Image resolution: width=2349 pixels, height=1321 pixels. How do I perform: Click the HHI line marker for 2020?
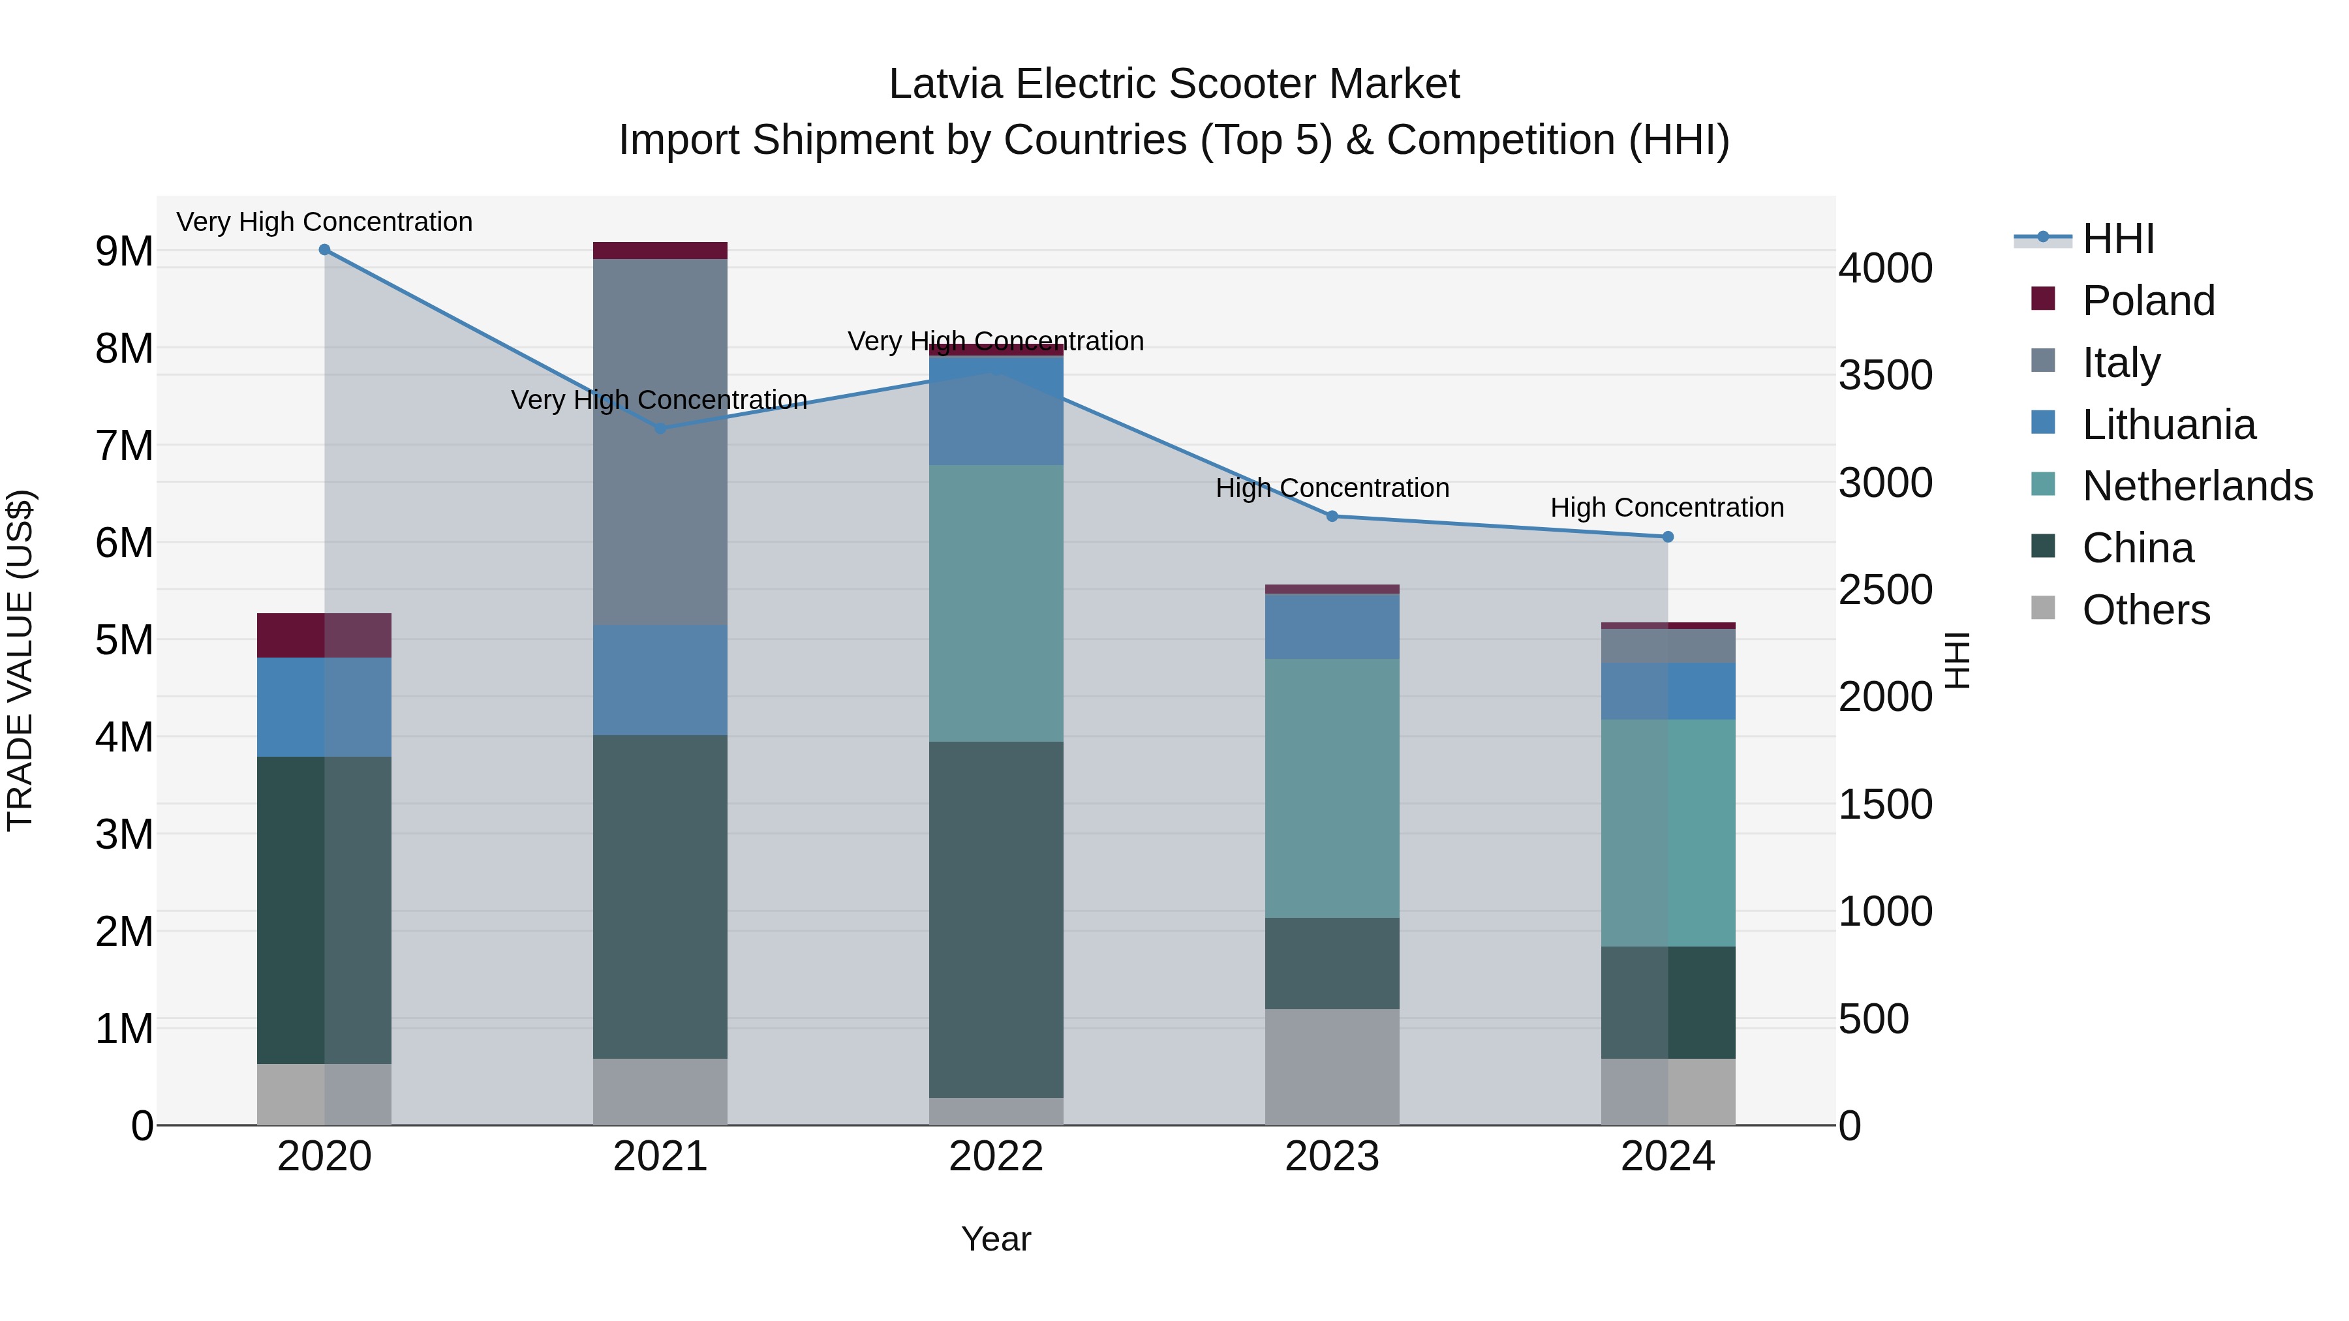pos(325,250)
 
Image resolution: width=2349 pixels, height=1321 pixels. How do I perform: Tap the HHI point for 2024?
pos(1668,537)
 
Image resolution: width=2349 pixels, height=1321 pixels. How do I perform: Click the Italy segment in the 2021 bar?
pos(660,442)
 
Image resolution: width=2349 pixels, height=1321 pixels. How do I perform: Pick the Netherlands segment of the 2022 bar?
pos(996,603)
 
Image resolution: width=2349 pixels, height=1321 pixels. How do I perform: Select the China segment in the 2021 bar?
pos(660,896)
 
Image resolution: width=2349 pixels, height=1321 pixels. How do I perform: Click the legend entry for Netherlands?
pos(2197,486)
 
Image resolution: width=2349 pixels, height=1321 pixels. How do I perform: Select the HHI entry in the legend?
pos(2117,239)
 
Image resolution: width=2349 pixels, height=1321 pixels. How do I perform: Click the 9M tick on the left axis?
pos(124,252)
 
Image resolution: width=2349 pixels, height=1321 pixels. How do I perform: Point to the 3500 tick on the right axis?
pos(1885,376)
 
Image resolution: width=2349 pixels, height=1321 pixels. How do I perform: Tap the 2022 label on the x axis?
pos(996,1157)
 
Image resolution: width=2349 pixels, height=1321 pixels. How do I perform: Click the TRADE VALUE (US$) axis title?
pos(20,660)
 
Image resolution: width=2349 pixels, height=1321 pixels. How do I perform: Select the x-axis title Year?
pos(996,1239)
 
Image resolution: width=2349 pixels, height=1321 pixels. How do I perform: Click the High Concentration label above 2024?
pos(1667,508)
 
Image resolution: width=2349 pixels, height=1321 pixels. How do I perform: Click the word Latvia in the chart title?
pos(947,84)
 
